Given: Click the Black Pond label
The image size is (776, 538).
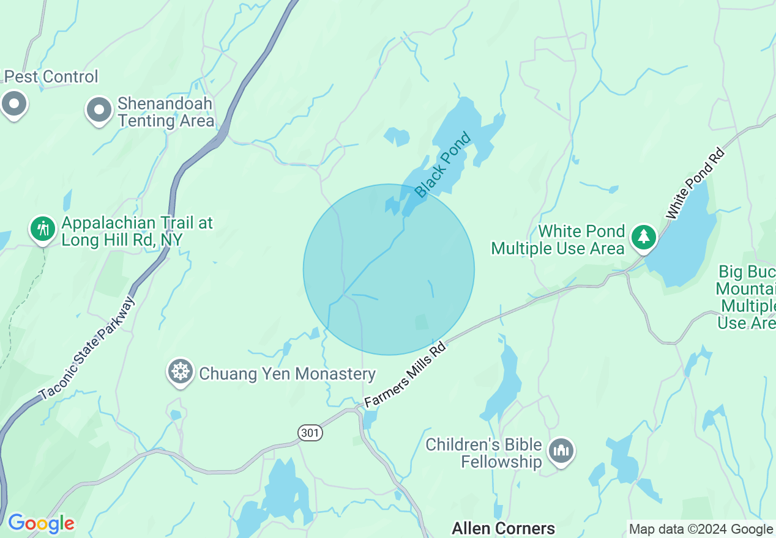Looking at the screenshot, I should [443, 165].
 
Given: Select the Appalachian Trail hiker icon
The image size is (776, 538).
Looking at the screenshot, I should [42, 229].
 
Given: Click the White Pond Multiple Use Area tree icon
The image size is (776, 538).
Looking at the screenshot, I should [643, 236].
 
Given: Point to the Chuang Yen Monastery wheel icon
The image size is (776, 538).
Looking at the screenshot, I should [181, 371].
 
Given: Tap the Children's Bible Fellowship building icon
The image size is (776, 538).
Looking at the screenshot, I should [561, 451].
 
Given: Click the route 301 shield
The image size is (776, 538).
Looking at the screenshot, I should [310, 433].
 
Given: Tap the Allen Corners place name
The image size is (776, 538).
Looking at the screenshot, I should [503, 528].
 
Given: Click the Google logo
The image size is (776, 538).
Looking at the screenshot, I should [41, 523].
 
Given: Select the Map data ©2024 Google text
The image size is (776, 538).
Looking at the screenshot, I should [701, 529].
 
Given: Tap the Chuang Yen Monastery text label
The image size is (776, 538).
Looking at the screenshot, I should [287, 374].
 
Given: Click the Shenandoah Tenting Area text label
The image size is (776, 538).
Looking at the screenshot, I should [165, 112].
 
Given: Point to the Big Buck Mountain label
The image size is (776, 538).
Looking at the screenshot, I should [747, 297].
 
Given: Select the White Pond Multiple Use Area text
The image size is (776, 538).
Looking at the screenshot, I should [558, 240].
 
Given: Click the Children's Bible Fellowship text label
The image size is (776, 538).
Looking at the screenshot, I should [484, 453].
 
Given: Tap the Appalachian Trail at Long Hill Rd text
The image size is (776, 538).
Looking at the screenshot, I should [137, 231].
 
